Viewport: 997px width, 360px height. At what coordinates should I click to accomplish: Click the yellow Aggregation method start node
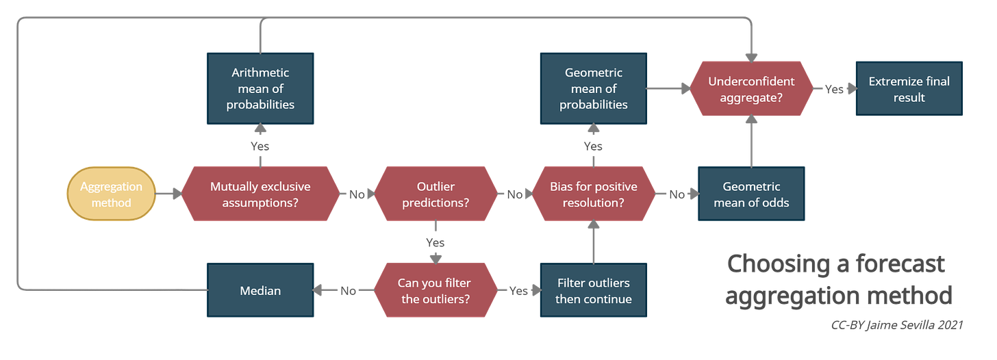(x=111, y=194)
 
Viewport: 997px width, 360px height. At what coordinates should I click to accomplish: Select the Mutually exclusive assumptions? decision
(x=260, y=194)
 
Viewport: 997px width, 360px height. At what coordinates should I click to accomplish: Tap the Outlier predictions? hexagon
(x=435, y=194)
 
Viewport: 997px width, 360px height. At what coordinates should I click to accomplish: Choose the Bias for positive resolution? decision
(x=593, y=194)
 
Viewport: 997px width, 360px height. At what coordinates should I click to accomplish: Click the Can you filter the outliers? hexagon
(x=435, y=290)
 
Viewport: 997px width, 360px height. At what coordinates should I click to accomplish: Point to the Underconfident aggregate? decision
(x=751, y=89)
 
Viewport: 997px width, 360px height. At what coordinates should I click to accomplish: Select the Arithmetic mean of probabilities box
(x=260, y=88)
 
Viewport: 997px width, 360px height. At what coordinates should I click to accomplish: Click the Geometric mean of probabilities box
(x=593, y=88)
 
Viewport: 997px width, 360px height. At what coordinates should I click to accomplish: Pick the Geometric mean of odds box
(x=751, y=194)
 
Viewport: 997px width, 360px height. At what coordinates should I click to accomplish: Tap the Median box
(x=260, y=290)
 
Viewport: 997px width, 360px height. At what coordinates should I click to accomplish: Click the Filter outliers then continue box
(x=593, y=290)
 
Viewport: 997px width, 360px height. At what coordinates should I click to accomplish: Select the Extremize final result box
(x=909, y=89)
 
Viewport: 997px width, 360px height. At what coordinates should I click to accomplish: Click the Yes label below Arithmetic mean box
(x=260, y=146)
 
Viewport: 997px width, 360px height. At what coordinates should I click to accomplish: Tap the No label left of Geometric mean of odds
(x=677, y=194)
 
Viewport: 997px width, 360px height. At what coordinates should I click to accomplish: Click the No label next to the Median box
(x=348, y=291)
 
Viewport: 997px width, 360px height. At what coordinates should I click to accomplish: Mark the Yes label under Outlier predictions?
(x=435, y=242)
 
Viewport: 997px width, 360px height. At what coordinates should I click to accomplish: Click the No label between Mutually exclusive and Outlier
(x=357, y=194)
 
